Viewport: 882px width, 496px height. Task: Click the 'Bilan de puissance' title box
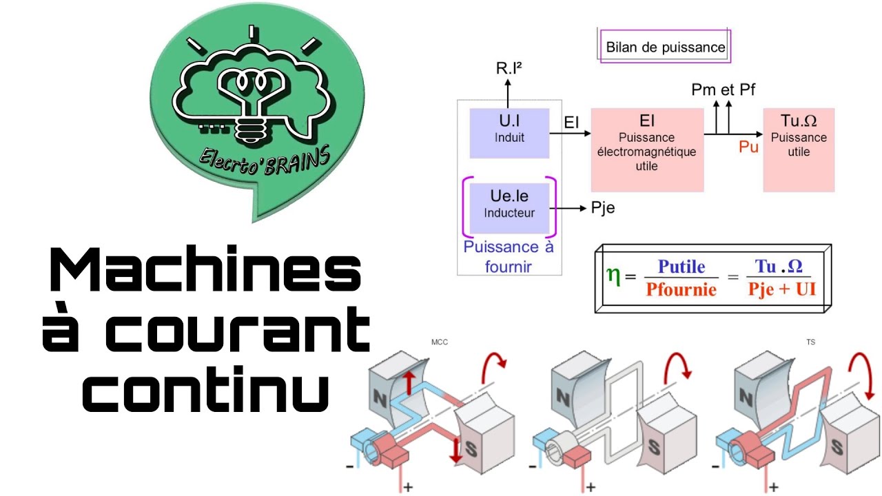[x=665, y=47]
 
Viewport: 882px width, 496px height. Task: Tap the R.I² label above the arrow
[x=510, y=68]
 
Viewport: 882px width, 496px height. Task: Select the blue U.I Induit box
[x=509, y=131]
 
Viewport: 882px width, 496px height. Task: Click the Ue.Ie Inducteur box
[x=509, y=206]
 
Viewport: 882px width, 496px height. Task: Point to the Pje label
[x=603, y=208]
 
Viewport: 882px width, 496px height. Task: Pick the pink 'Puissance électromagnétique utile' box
[x=646, y=149]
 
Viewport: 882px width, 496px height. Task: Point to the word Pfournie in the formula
[x=680, y=289]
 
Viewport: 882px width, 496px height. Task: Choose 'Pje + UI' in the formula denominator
[x=781, y=289]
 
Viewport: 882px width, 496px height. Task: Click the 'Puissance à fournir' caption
[x=509, y=256]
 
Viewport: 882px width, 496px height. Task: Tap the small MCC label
[x=440, y=342]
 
